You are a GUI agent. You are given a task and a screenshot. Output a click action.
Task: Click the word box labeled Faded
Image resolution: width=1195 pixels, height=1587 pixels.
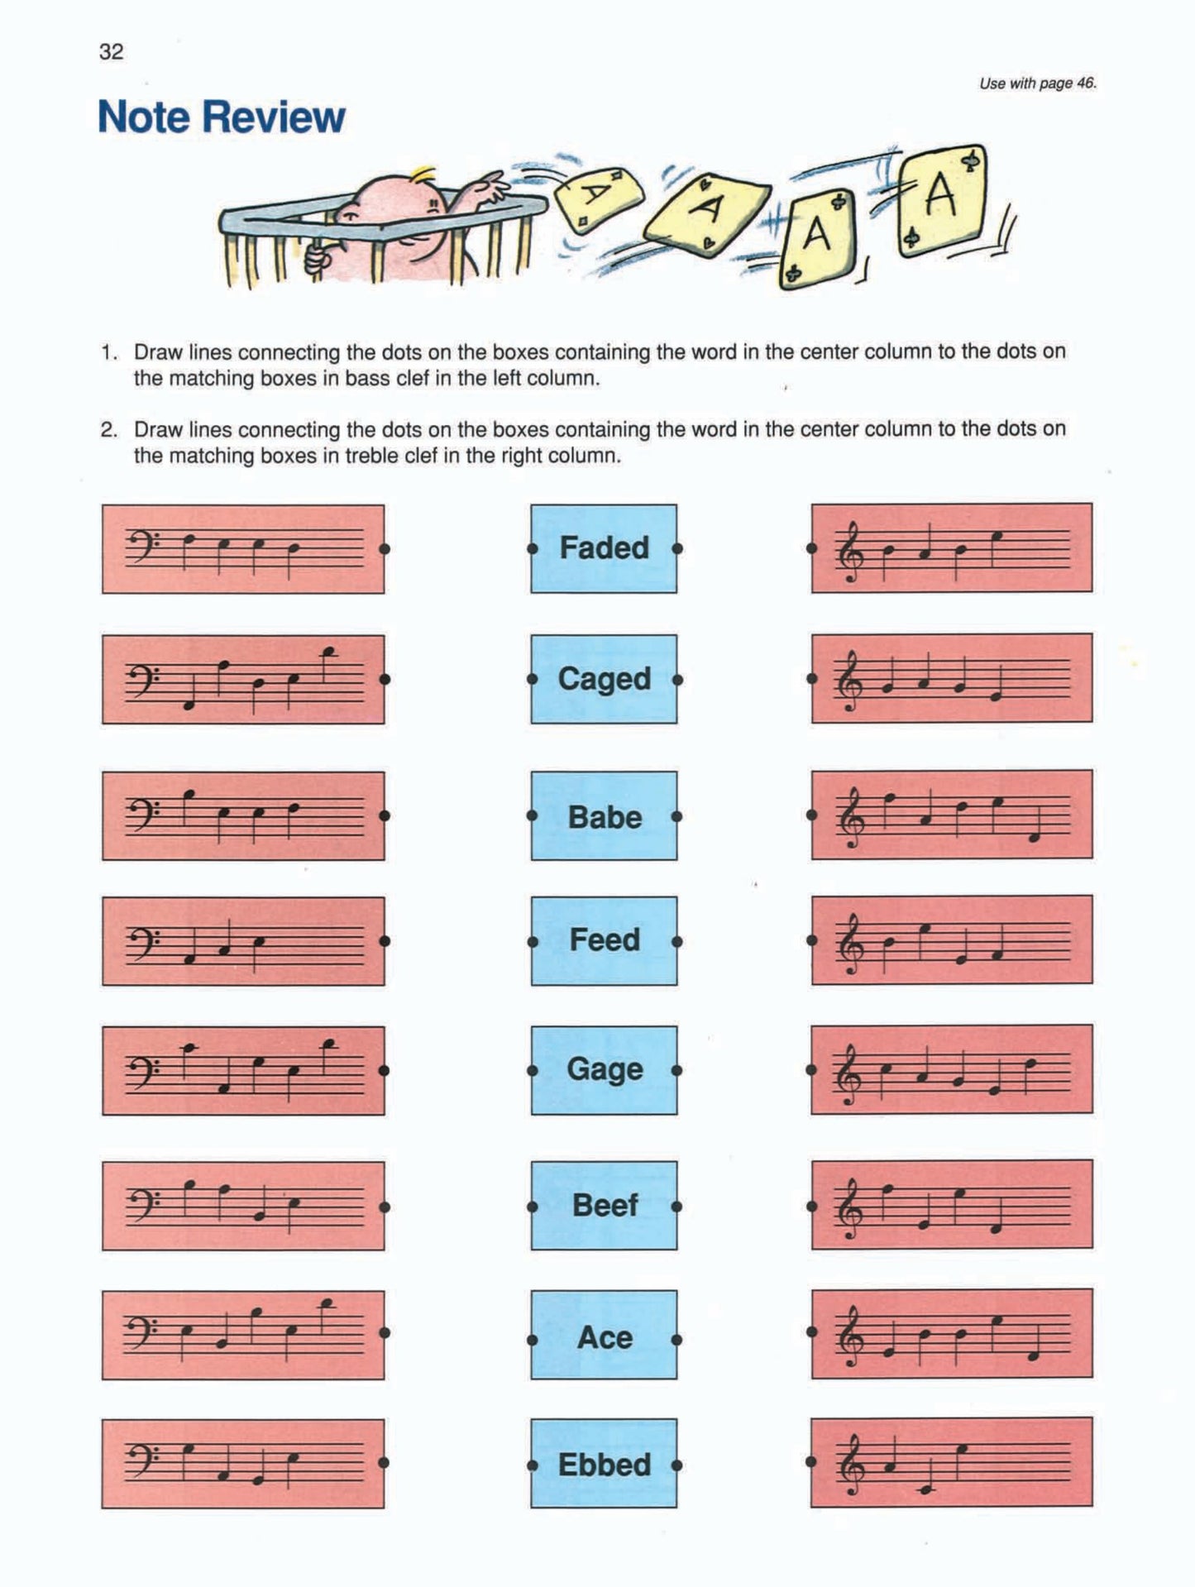(604, 548)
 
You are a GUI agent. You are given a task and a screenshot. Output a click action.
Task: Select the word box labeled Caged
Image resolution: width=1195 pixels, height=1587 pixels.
(604, 679)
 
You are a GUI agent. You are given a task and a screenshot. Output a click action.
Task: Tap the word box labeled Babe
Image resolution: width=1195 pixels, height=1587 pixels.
(604, 816)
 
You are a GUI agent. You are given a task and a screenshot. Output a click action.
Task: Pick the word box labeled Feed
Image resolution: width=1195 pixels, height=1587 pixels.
(604, 940)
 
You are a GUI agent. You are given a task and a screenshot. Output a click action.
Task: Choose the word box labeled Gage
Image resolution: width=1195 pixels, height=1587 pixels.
(604, 1069)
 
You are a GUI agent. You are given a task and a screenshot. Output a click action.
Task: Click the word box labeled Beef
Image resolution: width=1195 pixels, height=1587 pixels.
(604, 1205)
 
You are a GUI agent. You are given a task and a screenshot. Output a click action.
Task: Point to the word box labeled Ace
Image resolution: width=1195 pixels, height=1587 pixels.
(604, 1337)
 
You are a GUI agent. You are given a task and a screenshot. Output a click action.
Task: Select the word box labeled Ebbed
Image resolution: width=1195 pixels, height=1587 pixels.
(604, 1465)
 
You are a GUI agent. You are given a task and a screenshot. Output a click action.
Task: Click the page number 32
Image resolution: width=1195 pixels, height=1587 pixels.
(112, 52)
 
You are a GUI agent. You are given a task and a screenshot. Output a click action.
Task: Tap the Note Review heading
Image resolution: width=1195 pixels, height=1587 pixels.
(221, 117)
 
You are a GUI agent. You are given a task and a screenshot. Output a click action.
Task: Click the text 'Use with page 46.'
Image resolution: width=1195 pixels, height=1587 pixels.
(1037, 84)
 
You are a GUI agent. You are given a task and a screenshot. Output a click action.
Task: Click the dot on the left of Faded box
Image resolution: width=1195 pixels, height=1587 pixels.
(533, 548)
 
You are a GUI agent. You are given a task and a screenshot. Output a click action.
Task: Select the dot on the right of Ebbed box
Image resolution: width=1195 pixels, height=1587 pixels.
(676, 1465)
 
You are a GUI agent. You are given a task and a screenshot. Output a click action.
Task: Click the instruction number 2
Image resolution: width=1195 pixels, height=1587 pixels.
(108, 430)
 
